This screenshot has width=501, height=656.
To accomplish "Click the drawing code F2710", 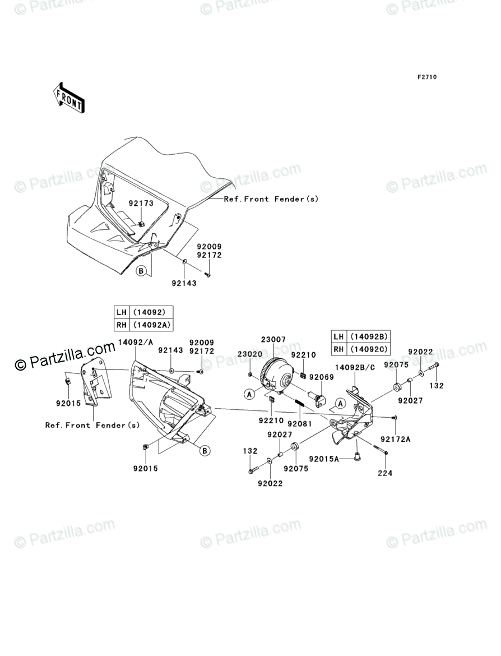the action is (x=426, y=77).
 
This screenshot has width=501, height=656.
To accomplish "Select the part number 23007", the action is (x=273, y=340).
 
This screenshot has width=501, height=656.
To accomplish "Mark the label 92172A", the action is (x=396, y=439).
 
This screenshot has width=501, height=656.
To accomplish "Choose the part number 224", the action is (x=385, y=473).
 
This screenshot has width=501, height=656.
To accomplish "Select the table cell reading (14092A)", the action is (x=151, y=325).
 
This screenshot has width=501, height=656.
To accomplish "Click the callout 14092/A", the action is (x=133, y=343).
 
